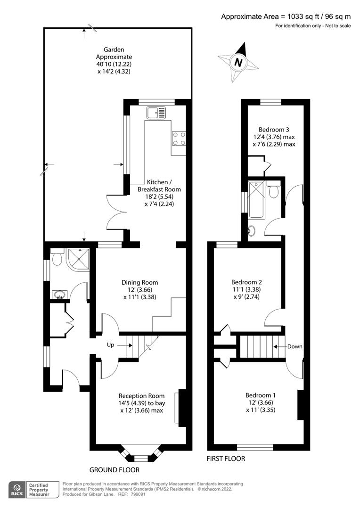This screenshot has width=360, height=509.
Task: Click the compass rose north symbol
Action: pyautogui.click(x=238, y=62)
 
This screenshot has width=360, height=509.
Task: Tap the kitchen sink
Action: pyautogui.click(x=155, y=113)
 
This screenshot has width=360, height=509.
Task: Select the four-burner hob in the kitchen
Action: pyautogui.click(x=179, y=138)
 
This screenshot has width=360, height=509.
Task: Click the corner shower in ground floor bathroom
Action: pyautogui.click(x=78, y=259)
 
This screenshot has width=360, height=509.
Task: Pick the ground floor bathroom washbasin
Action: pyautogui.click(x=60, y=295)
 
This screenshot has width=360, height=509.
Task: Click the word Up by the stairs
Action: pyautogui.click(x=111, y=345)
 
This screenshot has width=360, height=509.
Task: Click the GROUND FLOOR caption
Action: pyautogui.click(x=115, y=470)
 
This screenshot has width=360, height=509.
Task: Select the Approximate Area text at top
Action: pyautogui.click(x=286, y=16)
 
